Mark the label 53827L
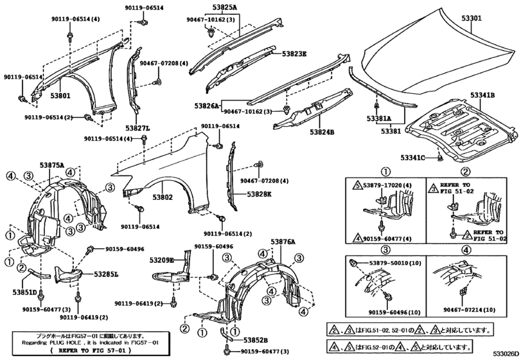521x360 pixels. coord(138,128)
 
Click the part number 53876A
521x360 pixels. coord(283,242)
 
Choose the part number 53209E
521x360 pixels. coord(163,260)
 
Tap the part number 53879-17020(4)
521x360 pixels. coord(389,185)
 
